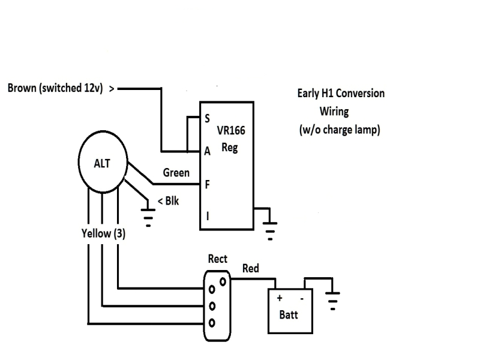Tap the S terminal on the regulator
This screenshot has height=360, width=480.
(207, 119)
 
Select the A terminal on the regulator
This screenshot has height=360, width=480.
(207, 151)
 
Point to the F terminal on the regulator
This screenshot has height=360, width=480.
(207, 184)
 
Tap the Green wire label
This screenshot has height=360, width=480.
(176, 173)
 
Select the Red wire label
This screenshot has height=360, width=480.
(250, 268)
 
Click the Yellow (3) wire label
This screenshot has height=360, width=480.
(103, 233)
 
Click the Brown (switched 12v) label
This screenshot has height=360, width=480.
(54, 88)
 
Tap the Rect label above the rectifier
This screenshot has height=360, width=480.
(217, 259)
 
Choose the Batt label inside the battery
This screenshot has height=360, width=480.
(288, 315)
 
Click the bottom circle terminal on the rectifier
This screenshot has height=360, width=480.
(211, 323)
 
